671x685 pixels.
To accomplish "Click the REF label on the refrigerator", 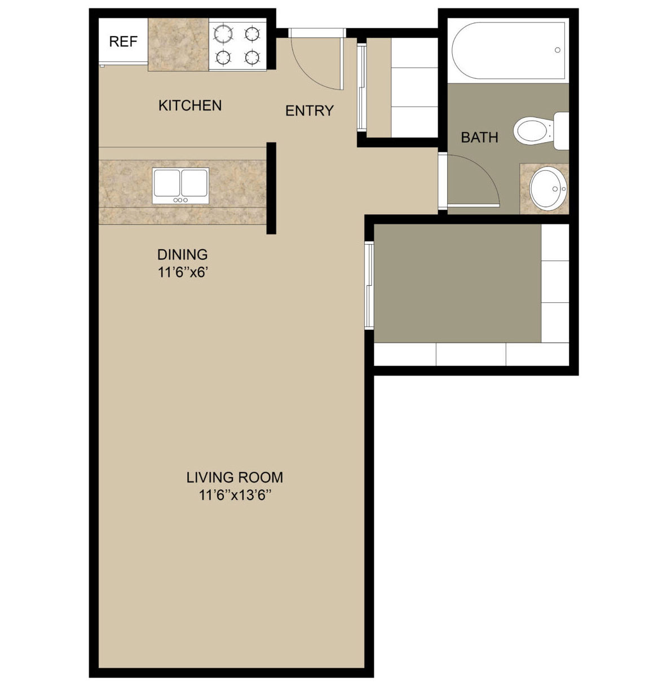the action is tap(123, 42).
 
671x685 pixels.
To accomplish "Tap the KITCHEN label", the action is tap(190, 105).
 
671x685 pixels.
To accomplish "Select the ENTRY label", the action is tap(310, 111).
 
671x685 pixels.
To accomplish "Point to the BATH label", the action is tap(479, 137).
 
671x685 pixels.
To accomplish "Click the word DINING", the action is tap(183, 254).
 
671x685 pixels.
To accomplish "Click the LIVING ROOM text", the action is tap(235, 477).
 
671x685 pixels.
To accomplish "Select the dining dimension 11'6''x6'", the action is tap(183, 273).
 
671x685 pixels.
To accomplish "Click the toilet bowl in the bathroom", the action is tap(533, 131).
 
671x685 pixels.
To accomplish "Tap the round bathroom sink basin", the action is tap(548, 188).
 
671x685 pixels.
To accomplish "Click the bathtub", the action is tap(508, 51).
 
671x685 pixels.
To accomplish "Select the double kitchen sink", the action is tap(180, 186).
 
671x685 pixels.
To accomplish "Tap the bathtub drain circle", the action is tap(557, 50).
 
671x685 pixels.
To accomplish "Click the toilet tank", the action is tap(562, 131).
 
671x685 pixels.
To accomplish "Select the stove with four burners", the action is tap(237, 45).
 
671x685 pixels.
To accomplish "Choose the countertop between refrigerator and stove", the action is tap(178, 45).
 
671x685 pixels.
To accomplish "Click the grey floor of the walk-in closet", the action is tap(457, 284).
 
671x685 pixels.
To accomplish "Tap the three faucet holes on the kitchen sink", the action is tap(180, 200).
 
